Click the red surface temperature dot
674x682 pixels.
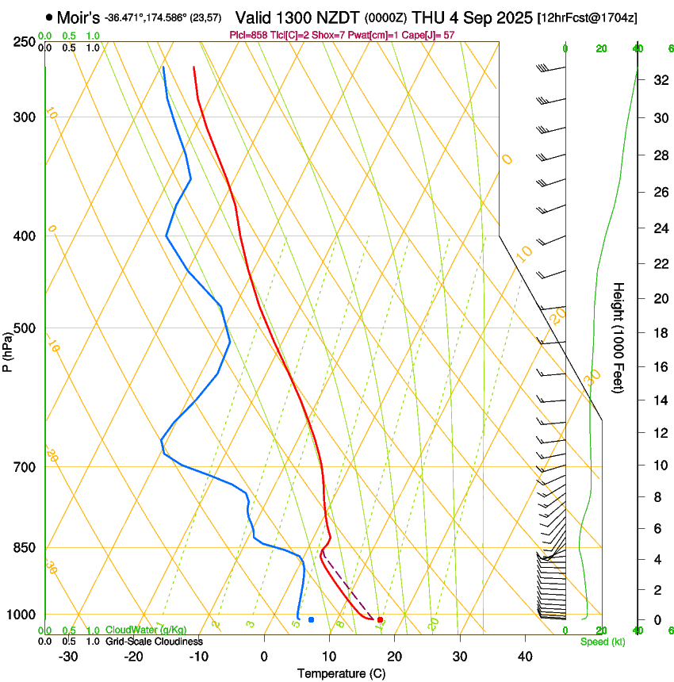click(x=381, y=619)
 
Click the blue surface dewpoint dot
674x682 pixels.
click(x=311, y=619)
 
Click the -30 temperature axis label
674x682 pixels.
click(x=68, y=657)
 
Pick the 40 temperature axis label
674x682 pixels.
click(x=525, y=657)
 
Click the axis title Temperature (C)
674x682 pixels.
click(x=341, y=674)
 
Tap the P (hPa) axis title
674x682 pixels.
click(x=8, y=349)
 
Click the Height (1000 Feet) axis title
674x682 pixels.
click(x=619, y=338)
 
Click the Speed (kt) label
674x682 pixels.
click(x=602, y=642)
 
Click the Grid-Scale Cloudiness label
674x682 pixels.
click(x=154, y=642)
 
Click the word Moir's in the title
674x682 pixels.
click(x=79, y=17)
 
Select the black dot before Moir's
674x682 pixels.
click(x=49, y=17)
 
